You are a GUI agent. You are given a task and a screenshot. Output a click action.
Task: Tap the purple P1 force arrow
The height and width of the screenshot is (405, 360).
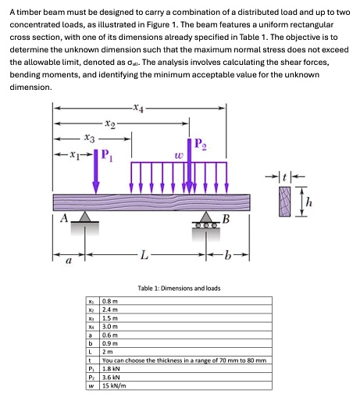[x=96, y=172]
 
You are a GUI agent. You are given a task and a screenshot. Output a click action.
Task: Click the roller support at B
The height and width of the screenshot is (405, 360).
[x=208, y=219]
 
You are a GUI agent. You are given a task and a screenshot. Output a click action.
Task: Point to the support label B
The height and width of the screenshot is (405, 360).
[x=226, y=219]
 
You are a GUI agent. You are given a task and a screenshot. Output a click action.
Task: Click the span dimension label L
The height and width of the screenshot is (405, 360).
[x=141, y=255]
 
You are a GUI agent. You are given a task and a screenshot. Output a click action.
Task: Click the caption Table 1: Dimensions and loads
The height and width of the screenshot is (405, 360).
[x=179, y=288]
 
